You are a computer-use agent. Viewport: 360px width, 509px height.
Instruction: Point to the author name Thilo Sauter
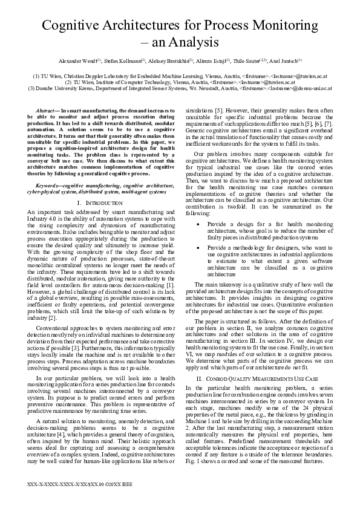click(247, 61)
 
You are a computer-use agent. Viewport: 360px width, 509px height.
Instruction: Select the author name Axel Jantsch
click(285, 61)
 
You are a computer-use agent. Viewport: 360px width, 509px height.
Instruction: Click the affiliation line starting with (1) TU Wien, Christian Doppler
click(180, 77)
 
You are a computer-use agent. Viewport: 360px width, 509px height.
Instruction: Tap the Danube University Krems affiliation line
click(180, 88)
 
